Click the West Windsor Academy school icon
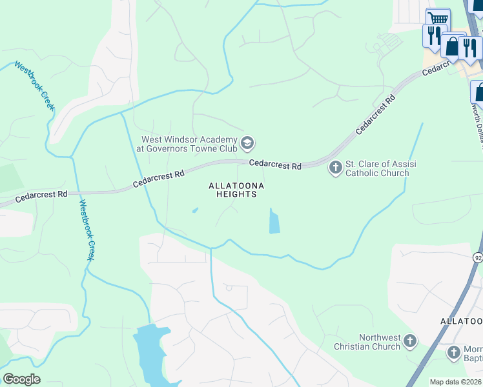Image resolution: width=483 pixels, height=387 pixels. (247, 142)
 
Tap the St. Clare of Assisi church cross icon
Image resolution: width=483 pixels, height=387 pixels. (335, 168)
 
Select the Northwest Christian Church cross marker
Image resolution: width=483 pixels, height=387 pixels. (409, 341)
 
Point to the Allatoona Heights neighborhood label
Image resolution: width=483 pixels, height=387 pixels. (236, 190)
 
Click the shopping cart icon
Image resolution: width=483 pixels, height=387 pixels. (438, 19)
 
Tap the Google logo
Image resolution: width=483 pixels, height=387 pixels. (21, 379)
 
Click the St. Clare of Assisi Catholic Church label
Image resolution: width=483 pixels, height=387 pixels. (380, 168)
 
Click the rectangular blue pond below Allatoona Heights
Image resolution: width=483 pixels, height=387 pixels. (274, 221)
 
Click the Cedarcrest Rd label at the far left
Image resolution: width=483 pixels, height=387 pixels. (43, 193)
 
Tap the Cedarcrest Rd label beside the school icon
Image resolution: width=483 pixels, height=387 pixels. (275, 166)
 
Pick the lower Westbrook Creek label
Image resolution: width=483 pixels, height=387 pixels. (87, 230)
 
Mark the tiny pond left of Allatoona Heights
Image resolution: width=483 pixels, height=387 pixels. (195, 210)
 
